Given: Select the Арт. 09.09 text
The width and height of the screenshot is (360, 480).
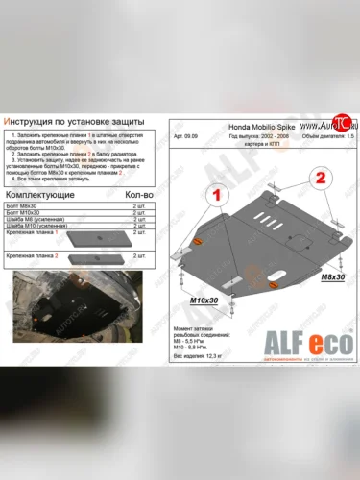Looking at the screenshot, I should coord(184,136).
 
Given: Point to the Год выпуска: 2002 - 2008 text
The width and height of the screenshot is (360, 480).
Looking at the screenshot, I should coord(262,136).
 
